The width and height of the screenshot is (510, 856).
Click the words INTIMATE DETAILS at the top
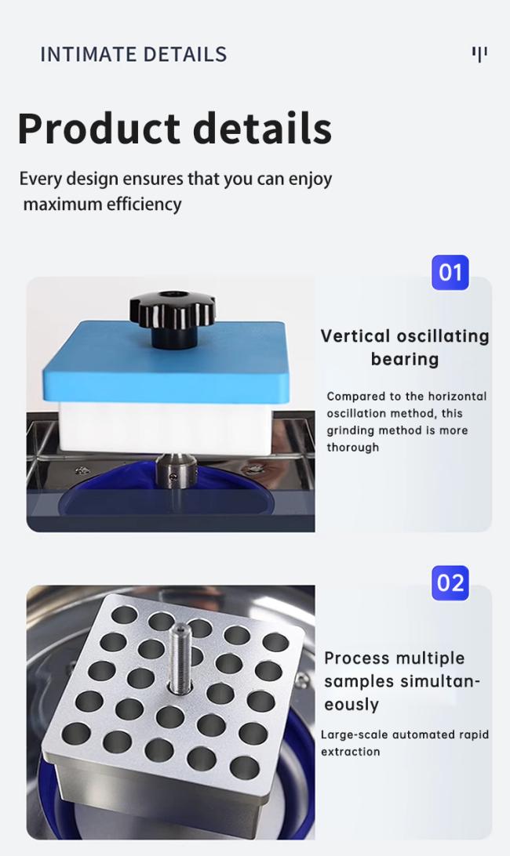133,55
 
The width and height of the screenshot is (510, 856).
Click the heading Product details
175,129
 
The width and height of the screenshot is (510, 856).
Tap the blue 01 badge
450,273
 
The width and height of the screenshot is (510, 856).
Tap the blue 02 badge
450,583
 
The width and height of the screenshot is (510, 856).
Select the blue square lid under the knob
166,361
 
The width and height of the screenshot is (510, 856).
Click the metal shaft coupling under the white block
176,470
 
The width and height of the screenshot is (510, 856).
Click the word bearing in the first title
405,360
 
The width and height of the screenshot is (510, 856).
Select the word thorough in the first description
352,447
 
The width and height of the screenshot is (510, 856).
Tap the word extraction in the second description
351,752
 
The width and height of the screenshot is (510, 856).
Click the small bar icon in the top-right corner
479,54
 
